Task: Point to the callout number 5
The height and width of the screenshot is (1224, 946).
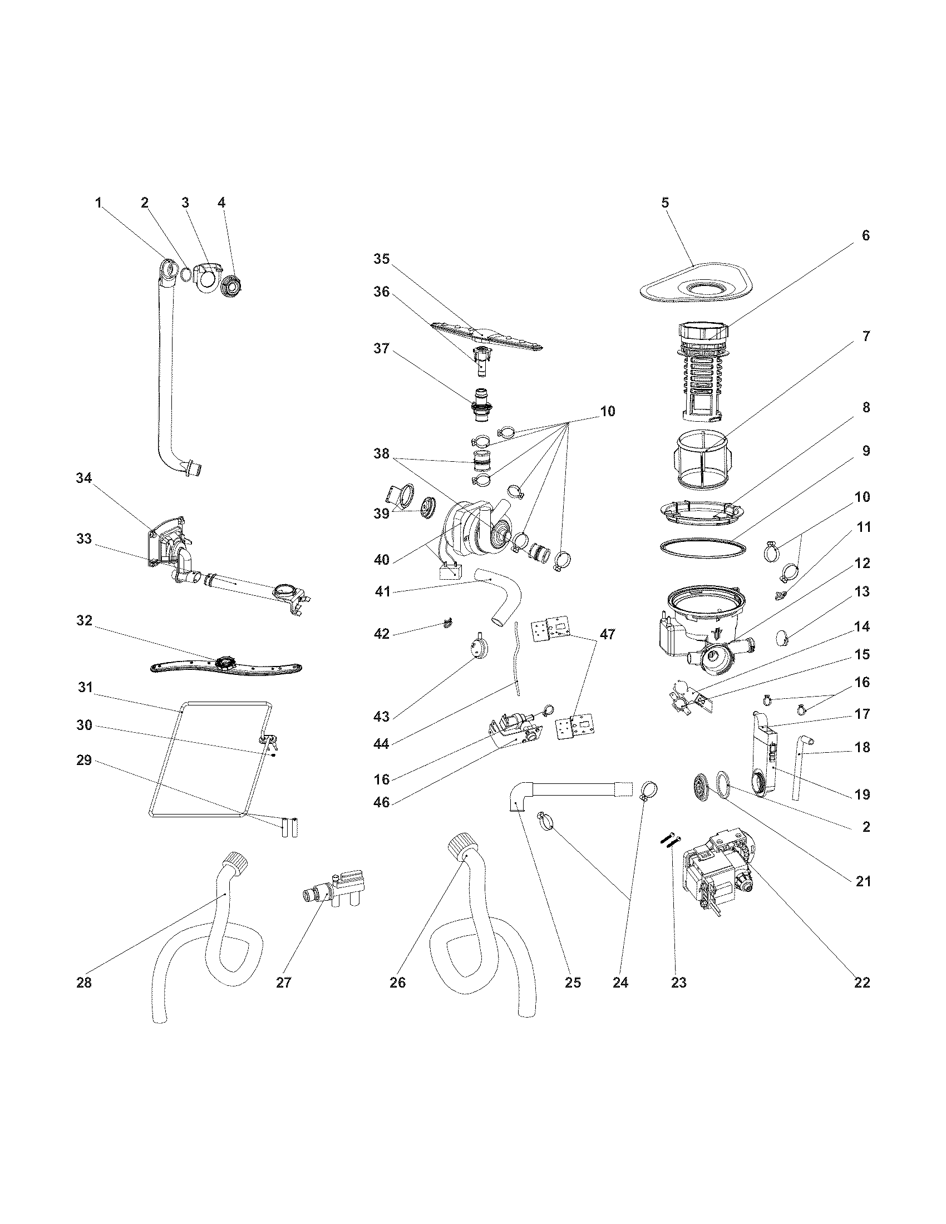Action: coord(665,203)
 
